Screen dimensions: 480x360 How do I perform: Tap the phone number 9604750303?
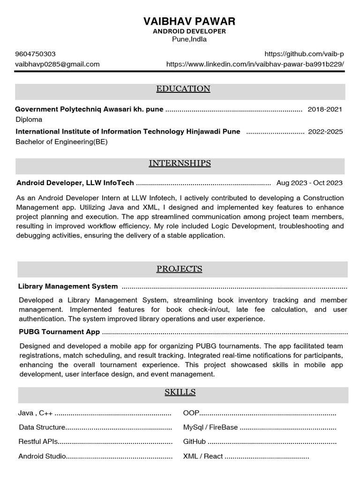tap(36, 54)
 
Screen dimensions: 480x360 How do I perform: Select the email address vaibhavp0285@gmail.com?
tap(58, 64)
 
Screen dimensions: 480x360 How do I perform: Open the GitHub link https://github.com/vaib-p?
tap(304, 54)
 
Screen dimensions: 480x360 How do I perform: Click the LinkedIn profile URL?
tap(255, 64)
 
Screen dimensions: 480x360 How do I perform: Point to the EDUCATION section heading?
tap(183, 89)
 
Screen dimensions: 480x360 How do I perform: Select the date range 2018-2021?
tap(325, 109)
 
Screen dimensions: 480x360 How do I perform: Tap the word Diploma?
tap(29, 120)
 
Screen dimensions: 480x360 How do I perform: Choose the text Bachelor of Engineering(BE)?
tap(61, 142)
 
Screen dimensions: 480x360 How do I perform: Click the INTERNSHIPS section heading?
tap(180, 164)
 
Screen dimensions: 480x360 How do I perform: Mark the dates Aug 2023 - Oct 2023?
tap(309, 183)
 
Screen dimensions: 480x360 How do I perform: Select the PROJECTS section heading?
tap(179, 269)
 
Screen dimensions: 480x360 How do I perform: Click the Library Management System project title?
tap(68, 286)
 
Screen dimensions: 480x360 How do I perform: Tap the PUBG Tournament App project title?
tap(59, 332)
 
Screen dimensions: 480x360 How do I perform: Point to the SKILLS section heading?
tap(180, 392)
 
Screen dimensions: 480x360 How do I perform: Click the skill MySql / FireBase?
tap(210, 427)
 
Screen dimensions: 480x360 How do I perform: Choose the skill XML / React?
tap(203, 456)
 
